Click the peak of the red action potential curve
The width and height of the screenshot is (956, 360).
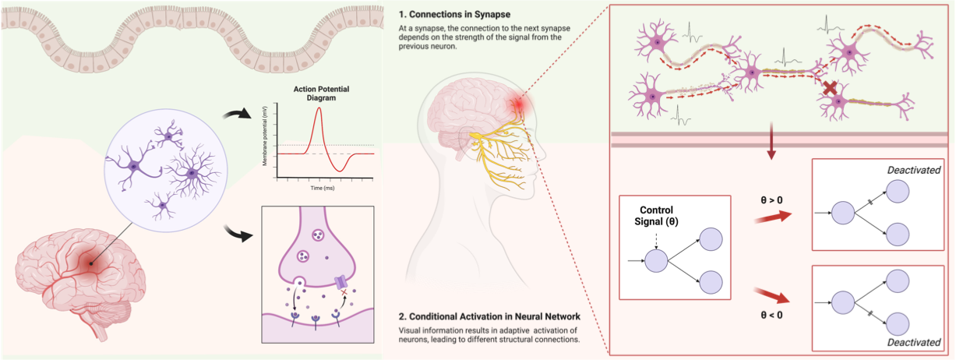318,108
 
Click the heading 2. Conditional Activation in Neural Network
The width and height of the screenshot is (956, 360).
489,316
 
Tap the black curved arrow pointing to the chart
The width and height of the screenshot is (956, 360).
238,116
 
